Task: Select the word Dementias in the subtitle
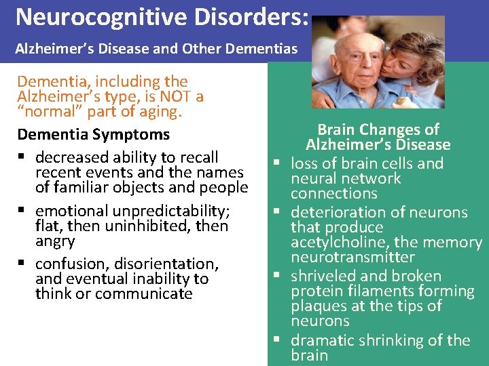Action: [263, 49]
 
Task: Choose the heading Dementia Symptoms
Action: [93, 135]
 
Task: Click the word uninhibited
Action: [153, 226]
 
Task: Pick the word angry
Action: [55, 241]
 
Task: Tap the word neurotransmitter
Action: [352, 257]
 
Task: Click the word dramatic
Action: [321, 340]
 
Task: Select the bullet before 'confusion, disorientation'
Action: [23, 264]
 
